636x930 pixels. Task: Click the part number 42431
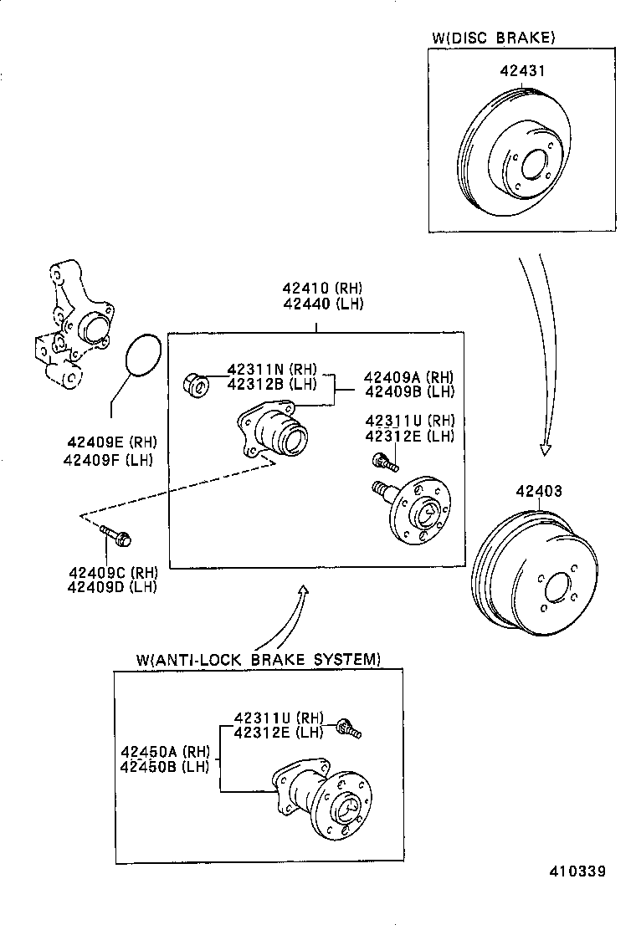(x=522, y=71)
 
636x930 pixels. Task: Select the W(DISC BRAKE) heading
(x=493, y=37)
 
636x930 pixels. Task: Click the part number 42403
(x=538, y=492)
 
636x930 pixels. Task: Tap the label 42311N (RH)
(x=272, y=370)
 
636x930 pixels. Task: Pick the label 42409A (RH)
(x=409, y=377)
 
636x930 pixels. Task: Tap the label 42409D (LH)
(x=112, y=586)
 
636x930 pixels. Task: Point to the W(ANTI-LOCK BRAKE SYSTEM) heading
(x=258, y=659)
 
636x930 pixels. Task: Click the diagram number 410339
(x=577, y=871)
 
